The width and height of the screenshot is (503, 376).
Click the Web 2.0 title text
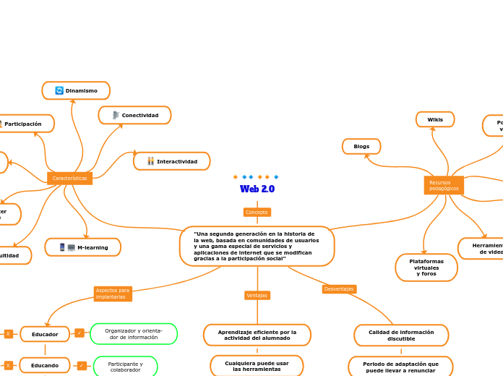(x=257, y=189)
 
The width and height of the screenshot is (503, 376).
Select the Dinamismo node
(x=77, y=90)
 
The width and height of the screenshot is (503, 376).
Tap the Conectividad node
(x=135, y=115)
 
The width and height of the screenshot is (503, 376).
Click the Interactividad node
(x=172, y=161)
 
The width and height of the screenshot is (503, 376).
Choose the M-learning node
(x=83, y=247)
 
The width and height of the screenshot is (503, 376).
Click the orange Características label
(x=69, y=178)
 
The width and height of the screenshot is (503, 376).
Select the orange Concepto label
(x=257, y=212)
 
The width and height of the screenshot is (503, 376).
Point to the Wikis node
(x=435, y=119)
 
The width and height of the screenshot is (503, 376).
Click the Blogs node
(x=361, y=147)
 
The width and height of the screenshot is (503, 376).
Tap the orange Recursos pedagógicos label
(x=443, y=186)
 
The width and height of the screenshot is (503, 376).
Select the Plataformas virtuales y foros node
(x=426, y=268)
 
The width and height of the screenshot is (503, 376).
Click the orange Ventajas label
(x=257, y=295)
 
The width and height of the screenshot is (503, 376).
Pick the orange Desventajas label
(x=339, y=289)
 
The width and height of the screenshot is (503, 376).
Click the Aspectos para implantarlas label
(x=113, y=294)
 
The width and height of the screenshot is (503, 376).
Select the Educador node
(x=45, y=334)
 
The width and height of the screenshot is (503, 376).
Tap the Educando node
(x=45, y=365)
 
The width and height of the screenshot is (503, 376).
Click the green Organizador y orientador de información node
(x=134, y=334)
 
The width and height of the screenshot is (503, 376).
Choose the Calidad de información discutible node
(x=401, y=336)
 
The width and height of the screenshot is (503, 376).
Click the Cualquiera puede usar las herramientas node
(x=257, y=366)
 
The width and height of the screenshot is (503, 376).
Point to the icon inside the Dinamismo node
(x=59, y=90)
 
